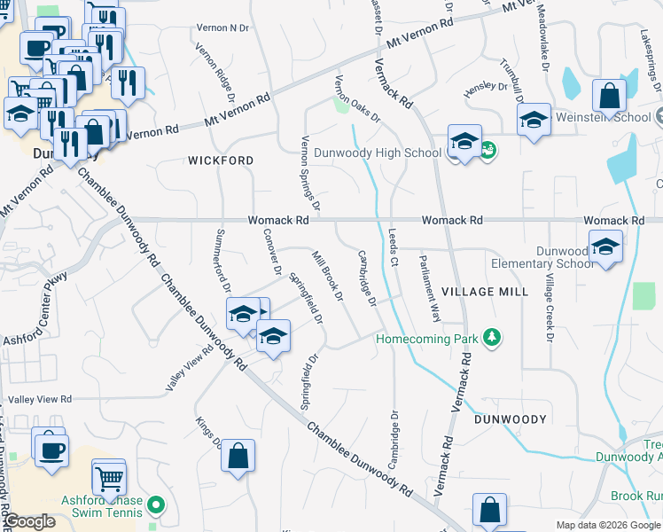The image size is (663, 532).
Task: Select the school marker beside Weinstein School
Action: [x=534, y=121]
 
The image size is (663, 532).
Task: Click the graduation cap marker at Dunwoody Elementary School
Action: [x=605, y=246]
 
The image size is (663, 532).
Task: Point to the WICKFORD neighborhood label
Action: [x=221, y=160]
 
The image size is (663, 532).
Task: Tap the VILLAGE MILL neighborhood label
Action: [x=484, y=292]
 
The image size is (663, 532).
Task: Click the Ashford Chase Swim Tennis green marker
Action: [x=157, y=507]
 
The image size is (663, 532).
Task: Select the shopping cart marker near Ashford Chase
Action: [x=109, y=479]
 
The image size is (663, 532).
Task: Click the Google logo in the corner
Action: [x=28, y=522]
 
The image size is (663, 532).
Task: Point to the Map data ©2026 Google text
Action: [x=607, y=525]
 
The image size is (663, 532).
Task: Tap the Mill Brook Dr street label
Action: [x=327, y=276]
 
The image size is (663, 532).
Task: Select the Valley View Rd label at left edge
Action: [x=35, y=400]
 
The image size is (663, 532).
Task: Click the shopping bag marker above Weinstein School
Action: [x=609, y=97]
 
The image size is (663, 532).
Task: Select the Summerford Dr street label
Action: [x=222, y=260]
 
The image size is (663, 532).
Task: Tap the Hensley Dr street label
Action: [x=485, y=91]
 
